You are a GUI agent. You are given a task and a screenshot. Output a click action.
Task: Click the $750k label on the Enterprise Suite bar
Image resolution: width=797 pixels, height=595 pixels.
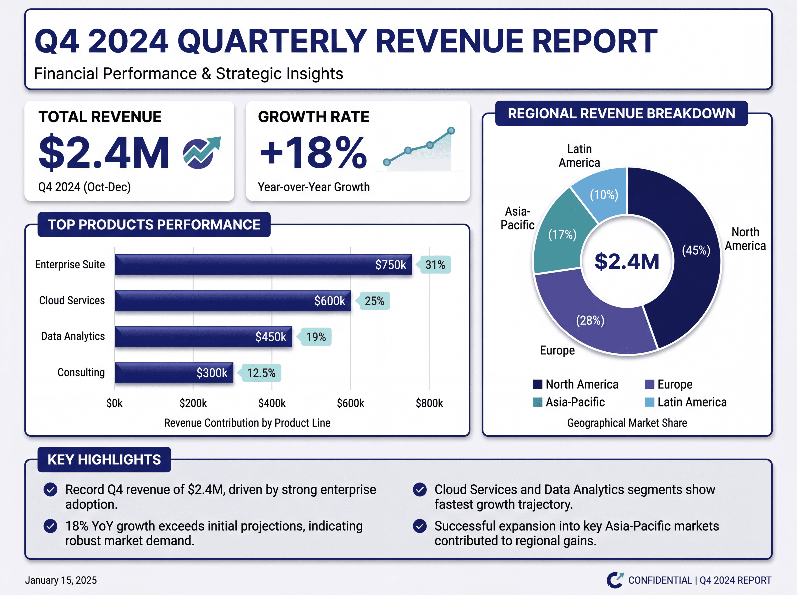[x=390, y=265]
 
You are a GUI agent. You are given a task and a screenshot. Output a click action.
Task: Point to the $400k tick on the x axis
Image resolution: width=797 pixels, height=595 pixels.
[x=272, y=403]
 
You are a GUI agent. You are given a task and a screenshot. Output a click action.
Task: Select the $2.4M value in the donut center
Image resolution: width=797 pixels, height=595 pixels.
[x=627, y=261]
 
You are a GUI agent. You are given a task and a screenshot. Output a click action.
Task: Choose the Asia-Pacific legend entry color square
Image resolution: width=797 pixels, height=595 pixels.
[x=537, y=402]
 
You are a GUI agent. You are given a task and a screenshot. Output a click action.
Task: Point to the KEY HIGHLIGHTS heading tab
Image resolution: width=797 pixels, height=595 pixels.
[x=104, y=459]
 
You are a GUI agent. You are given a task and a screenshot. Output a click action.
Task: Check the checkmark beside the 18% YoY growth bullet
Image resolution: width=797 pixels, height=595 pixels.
[x=50, y=526]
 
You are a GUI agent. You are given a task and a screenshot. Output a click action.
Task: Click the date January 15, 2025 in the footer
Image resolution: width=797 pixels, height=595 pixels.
[x=61, y=580]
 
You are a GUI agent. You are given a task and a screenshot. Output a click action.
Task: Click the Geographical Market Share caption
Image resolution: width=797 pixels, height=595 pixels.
[x=627, y=423]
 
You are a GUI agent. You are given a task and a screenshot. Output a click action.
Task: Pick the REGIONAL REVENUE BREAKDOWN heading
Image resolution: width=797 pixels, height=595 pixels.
[x=621, y=114]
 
